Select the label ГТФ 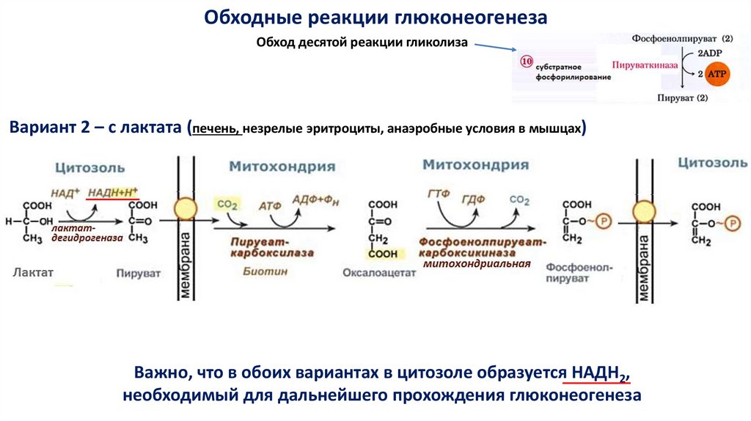(438, 194)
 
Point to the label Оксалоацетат (379, 273)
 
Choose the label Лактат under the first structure (33, 272)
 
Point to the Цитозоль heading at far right (712, 162)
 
